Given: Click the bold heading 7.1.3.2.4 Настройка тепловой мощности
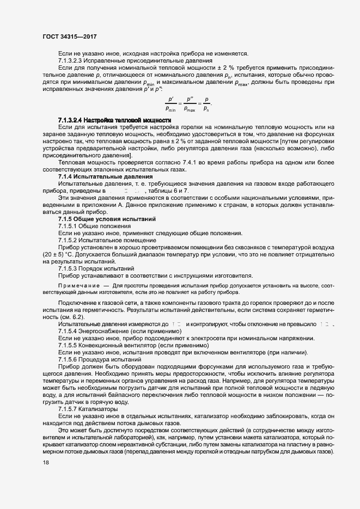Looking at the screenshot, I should pos(114,120).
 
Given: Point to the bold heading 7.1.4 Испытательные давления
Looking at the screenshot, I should pos(105,176).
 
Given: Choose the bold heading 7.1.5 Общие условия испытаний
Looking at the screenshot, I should pos(107,219).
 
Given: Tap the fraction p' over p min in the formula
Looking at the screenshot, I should pos(171,103).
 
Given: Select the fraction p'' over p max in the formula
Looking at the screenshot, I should pos(190,103).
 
